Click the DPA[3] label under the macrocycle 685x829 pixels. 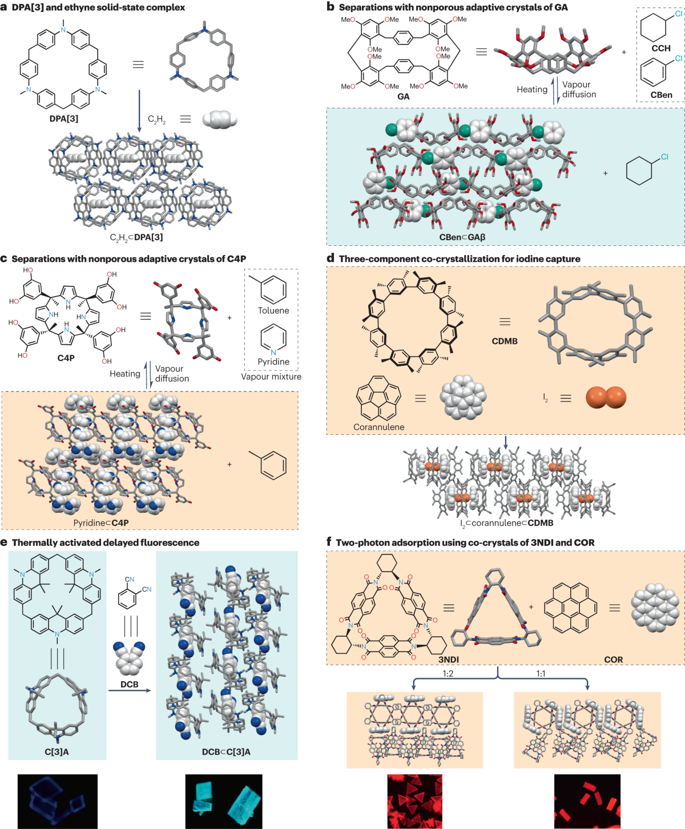point(64,119)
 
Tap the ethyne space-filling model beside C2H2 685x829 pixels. point(220,119)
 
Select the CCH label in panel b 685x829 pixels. point(661,48)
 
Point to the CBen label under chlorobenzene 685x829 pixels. point(661,95)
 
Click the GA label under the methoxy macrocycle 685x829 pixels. point(404,97)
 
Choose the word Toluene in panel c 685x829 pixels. point(273,311)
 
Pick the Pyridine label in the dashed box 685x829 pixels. point(273,362)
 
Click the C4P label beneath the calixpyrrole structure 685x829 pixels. point(66,358)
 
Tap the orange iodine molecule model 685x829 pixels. point(606,398)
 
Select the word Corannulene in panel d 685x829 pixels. point(378,427)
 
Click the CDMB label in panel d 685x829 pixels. point(505,341)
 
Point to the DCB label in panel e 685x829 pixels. point(130,685)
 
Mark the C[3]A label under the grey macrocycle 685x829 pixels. point(57,752)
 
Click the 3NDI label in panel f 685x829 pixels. point(449,660)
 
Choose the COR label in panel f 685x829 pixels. point(614,660)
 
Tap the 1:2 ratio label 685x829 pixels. point(448,674)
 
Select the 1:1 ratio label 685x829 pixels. point(541,674)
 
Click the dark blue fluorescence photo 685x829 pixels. point(57,801)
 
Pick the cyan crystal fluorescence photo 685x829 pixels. point(224,801)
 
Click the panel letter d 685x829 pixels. point(331,258)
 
